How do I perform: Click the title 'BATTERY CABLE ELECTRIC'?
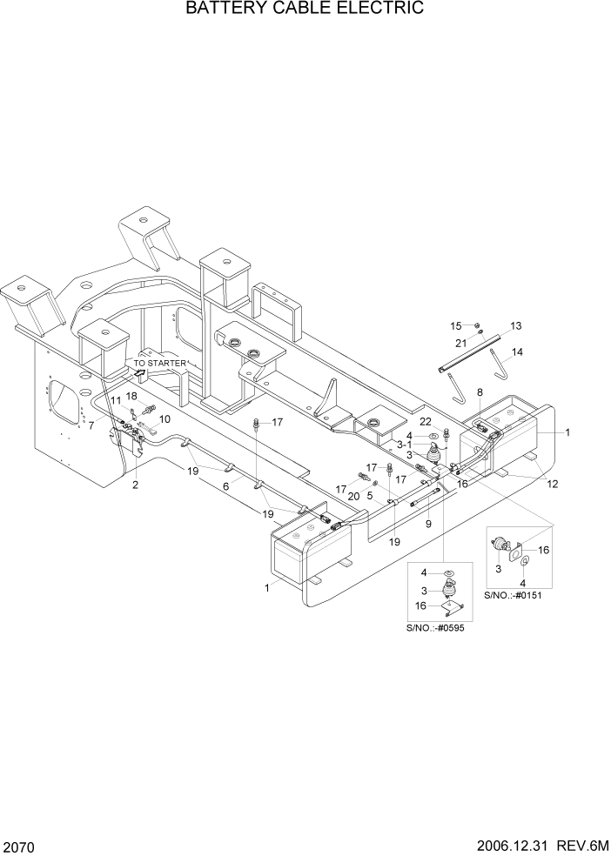(x=305, y=10)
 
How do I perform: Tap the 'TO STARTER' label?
(x=159, y=363)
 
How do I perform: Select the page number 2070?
(x=19, y=846)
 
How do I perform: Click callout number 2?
(x=135, y=485)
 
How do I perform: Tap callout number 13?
(x=515, y=325)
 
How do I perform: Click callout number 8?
(x=480, y=394)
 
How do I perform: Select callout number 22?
(x=426, y=421)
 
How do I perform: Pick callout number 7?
(x=91, y=425)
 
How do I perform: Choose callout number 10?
(x=164, y=418)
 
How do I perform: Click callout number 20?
(x=353, y=495)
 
